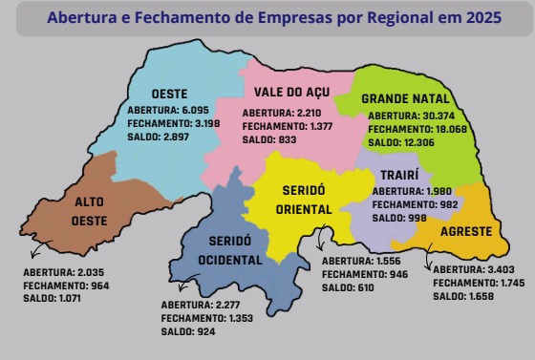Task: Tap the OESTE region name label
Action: click(x=168, y=94)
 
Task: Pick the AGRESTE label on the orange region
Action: click(x=466, y=232)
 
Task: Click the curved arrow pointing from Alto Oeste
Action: click(x=38, y=250)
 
